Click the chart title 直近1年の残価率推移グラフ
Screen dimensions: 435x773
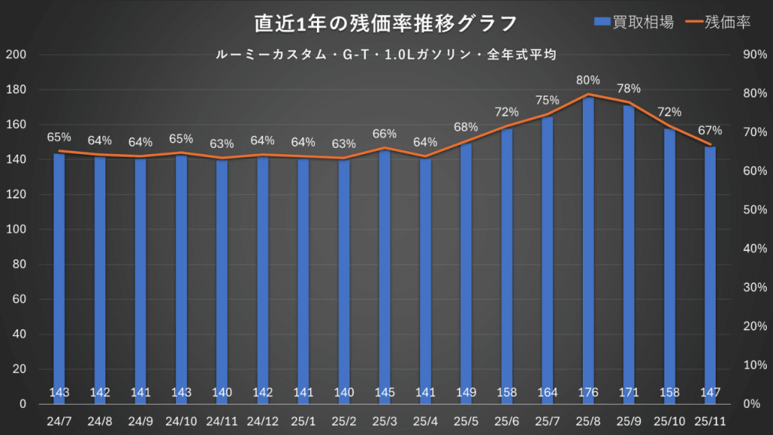coord(386,23)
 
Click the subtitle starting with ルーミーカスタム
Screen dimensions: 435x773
coord(386,54)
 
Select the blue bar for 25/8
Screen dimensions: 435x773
coord(588,249)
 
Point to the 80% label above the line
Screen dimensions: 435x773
coord(588,80)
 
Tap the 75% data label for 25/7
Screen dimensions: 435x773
coord(547,100)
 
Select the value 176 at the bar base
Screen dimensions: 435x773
coord(588,393)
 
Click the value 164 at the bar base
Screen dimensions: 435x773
coord(547,393)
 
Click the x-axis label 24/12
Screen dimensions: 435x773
coord(263,420)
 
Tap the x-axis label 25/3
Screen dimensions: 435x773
coord(385,420)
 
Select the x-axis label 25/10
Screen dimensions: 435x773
coord(670,420)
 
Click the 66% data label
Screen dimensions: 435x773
coord(385,134)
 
